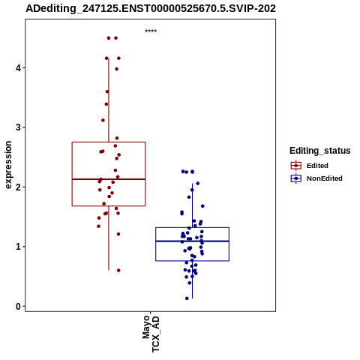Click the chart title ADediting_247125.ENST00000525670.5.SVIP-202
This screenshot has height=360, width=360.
click(x=151, y=8)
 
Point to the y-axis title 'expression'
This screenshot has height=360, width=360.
click(x=8, y=165)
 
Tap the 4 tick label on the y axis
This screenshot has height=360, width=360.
click(x=18, y=68)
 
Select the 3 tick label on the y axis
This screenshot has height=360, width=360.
click(x=18, y=127)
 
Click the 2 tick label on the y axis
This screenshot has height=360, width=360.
click(x=18, y=187)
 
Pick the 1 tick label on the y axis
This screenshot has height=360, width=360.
click(x=18, y=247)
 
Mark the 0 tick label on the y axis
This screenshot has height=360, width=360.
click(x=18, y=306)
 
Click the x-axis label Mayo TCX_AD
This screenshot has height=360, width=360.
click(x=151, y=334)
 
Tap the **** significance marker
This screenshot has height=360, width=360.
click(x=151, y=31)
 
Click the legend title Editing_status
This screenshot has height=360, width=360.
click(x=320, y=151)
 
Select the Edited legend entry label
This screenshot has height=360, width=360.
click(x=317, y=166)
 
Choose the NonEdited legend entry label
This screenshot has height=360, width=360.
click(x=325, y=178)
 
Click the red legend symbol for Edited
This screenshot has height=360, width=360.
click(x=296, y=166)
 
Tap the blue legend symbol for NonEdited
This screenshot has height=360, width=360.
click(x=296, y=178)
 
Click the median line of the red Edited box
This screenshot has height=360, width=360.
click(x=109, y=179)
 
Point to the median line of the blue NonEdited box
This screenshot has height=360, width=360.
click(x=193, y=241)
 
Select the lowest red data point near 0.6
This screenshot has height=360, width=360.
click(x=118, y=271)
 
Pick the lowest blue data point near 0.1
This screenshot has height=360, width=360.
click(x=187, y=298)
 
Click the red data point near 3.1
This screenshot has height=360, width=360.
click(x=103, y=120)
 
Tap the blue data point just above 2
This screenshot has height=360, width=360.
click(x=198, y=184)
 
